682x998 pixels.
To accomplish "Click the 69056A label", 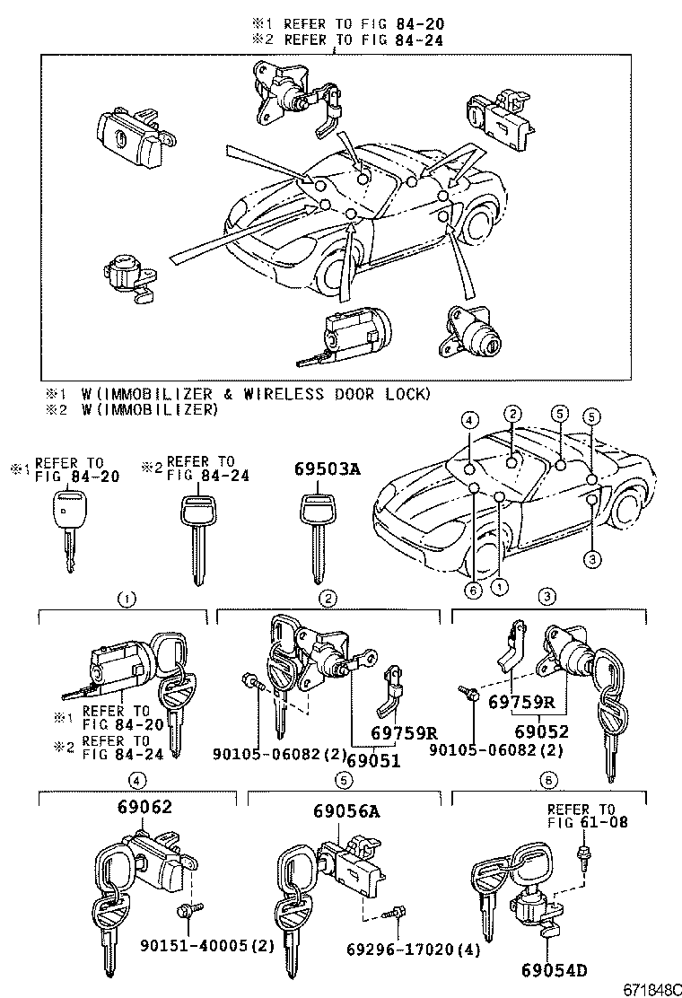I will [346, 811].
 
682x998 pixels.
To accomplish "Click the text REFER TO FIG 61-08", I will [581, 815].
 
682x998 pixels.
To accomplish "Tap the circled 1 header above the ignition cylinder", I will [128, 598].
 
